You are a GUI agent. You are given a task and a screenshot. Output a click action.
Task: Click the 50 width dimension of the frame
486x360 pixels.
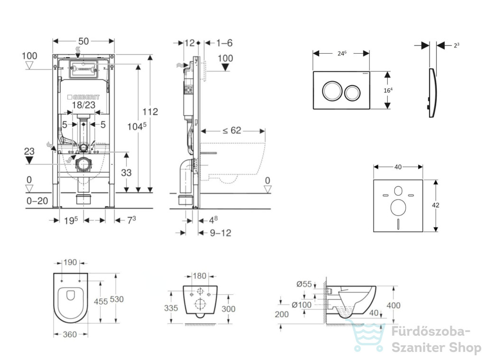84,41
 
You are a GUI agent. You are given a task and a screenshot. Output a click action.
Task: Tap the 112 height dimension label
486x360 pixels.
150,112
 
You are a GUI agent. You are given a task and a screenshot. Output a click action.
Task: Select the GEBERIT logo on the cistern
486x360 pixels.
84,97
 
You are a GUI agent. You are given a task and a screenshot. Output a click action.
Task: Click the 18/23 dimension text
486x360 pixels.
84,105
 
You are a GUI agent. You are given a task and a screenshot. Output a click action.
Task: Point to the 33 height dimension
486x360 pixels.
126,172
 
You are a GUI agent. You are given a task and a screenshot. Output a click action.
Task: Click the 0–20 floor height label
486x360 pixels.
37,201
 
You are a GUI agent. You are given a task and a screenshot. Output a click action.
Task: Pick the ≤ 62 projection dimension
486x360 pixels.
232,130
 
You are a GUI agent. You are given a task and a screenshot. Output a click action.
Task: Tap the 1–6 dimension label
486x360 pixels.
224,43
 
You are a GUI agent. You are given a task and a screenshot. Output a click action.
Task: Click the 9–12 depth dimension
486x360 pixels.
220,233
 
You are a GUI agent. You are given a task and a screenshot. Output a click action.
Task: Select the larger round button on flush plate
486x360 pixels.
332,91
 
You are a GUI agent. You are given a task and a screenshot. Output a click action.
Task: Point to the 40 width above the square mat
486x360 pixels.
398,167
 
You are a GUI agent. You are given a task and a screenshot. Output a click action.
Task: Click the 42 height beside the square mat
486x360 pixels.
436,205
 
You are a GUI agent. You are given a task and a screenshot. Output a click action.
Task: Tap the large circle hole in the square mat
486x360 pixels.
398,208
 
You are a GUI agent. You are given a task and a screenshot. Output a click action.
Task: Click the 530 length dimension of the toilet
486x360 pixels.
117,299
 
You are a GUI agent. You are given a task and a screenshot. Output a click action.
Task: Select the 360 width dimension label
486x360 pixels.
70,334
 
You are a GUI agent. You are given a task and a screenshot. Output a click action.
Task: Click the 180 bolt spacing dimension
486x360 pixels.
199,275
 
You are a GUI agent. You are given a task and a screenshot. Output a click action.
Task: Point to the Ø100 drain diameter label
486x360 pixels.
301,305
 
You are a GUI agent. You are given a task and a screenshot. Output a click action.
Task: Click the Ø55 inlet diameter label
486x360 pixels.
304,284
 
